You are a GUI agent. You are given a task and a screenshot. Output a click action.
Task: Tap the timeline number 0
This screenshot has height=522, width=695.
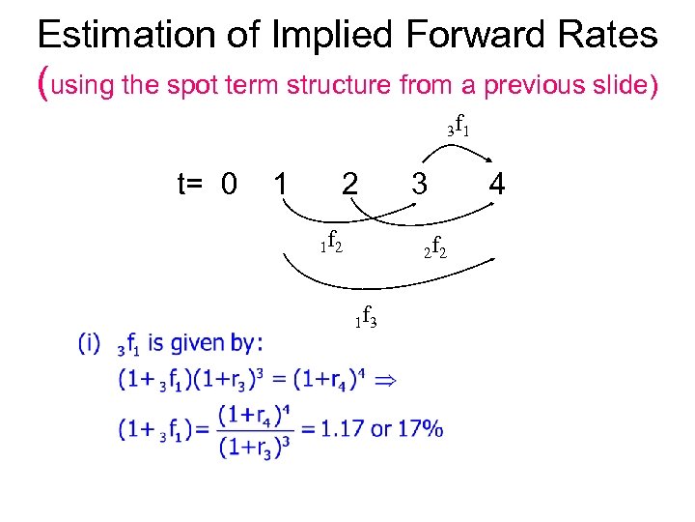coord(229,182)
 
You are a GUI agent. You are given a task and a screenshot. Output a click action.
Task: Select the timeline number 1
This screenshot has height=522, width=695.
coord(279,182)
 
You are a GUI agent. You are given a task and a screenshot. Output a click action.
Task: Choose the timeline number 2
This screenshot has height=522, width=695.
coord(351,183)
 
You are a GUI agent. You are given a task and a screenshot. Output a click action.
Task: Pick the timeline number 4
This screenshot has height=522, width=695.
coord(497,182)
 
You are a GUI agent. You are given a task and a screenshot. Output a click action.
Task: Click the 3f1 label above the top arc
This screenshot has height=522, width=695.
coord(459,127)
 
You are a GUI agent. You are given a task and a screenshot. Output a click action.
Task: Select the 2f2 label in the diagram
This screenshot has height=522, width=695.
coord(434,250)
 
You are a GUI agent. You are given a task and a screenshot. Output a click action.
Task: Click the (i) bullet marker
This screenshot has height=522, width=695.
coord(90,342)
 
